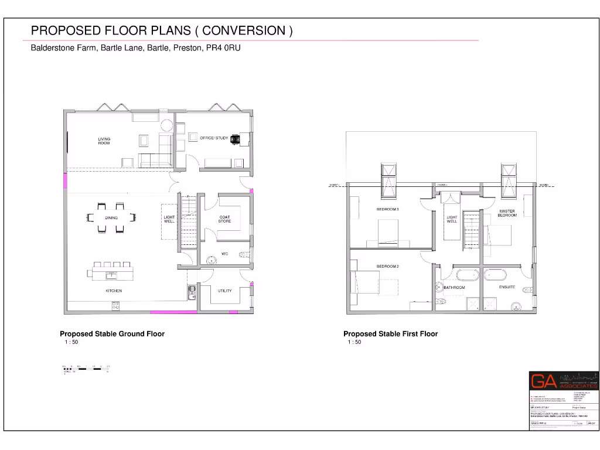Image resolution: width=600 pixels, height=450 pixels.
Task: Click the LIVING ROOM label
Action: tap(104, 141)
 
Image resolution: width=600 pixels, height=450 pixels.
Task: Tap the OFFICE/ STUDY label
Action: tap(214, 138)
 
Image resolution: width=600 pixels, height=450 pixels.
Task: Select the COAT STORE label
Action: tap(225, 219)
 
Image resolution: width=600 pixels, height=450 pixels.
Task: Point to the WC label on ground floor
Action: tap(224, 254)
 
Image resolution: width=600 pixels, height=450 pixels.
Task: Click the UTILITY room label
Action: tap(225, 291)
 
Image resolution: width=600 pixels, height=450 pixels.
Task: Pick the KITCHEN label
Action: tap(114, 291)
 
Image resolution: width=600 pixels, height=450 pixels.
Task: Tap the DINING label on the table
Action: tap(111, 217)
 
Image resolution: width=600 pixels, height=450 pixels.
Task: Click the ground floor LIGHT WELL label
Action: tap(169, 219)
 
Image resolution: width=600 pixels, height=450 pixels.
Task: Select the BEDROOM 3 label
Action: tap(387, 209)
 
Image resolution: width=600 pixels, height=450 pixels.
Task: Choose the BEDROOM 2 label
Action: tap(387, 267)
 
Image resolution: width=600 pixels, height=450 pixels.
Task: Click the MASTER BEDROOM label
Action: tap(507, 213)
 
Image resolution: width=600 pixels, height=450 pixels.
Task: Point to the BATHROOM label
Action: tap(454, 288)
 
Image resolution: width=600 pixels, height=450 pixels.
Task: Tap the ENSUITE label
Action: tap(507, 287)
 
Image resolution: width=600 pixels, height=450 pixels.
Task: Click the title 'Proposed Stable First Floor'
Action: tap(390, 334)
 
